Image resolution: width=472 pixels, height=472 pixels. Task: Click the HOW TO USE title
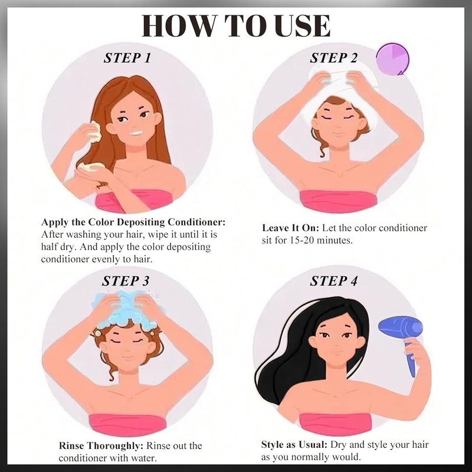pyautogui.click(x=236, y=25)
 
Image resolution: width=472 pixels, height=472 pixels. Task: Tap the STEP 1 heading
pyautogui.click(x=127, y=58)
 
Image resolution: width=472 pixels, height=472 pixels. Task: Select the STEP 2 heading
pyautogui.click(x=334, y=58)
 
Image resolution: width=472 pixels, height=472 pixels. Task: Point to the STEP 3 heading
pyautogui.click(x=126, y=281)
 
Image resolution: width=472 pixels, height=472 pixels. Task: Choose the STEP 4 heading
pyautogui.click(x=334, y=281)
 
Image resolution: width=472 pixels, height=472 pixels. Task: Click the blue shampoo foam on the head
pyautogui.click(x=129, y=310)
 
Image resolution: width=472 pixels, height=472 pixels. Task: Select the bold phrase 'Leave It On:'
pyautogui.click(x=290, y=228)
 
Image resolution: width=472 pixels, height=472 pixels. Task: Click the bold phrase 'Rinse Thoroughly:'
pyautogui.click(x=102, y=445)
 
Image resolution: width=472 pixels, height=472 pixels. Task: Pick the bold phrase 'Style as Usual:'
pyautogui.click(x=294, y=444)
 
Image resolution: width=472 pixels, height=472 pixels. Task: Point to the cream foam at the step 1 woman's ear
pyautogui.click(x=94, y=132)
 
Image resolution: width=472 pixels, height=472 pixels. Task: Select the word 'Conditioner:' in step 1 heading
pyautogui.click(x=196, y=222)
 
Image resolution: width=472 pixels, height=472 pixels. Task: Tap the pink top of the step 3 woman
pyautogui.click(x=127, y=425)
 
